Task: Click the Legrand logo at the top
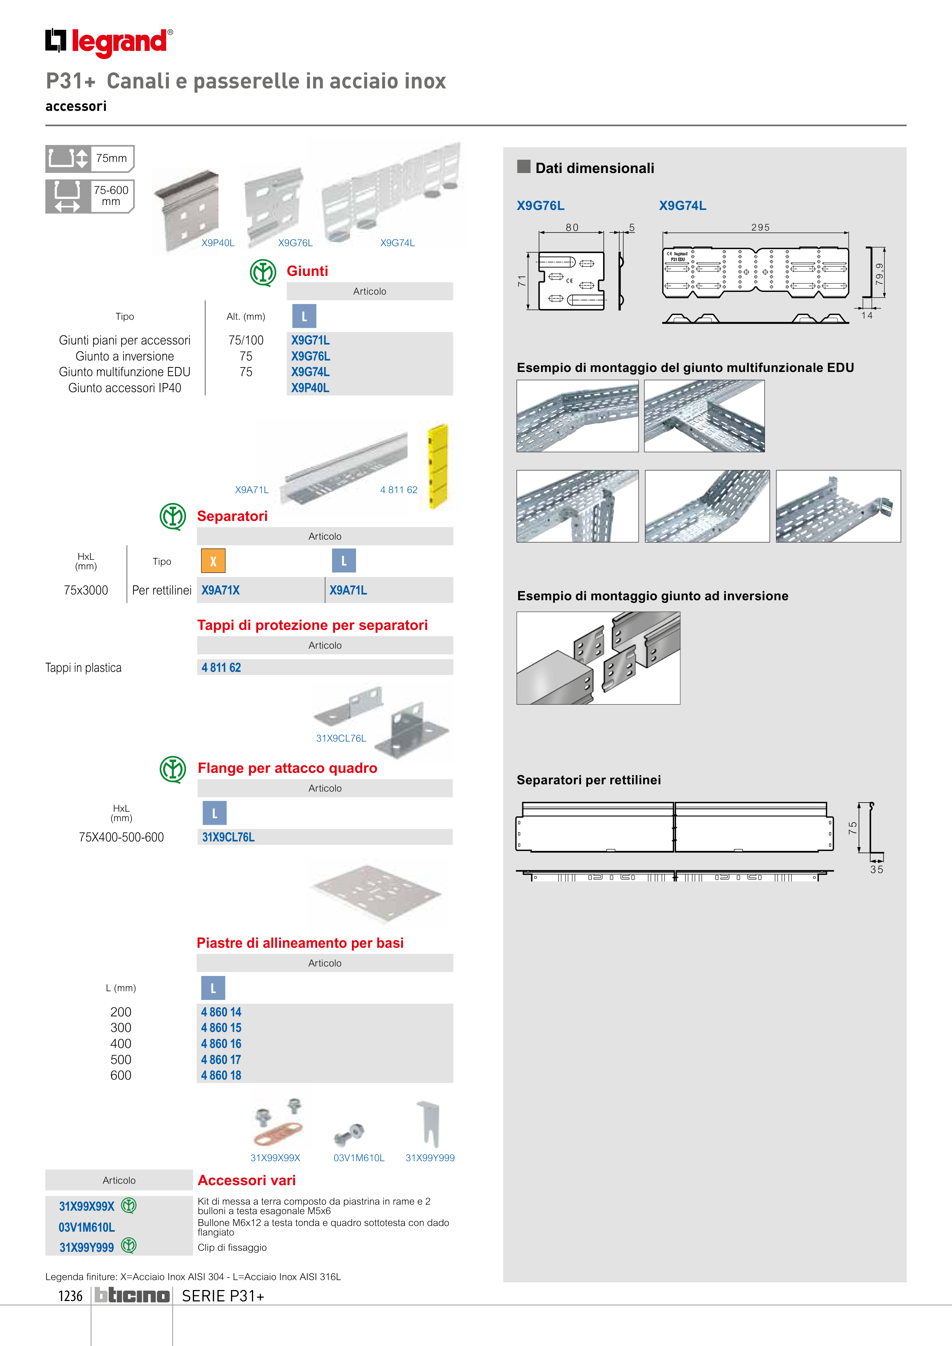pos(109,42)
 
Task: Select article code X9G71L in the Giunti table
pos(310,340)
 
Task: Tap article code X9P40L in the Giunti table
pos(310,388)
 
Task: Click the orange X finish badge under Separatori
pos(213,561)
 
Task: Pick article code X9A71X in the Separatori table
pos(220,590)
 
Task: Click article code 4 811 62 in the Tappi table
pos(221,668)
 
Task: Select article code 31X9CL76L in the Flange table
pos(228,837)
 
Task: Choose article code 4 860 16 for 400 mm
pos(221,1043)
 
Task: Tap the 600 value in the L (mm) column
pos(121,1075)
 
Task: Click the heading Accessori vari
pos(246,1180)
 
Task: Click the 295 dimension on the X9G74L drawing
pos(760,228)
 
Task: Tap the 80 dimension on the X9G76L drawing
pos(572,228)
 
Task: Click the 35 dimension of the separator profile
pos(877,869)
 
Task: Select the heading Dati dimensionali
pos(594,168)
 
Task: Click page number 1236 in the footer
pos(71,1296)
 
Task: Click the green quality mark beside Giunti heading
pos(263,272)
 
